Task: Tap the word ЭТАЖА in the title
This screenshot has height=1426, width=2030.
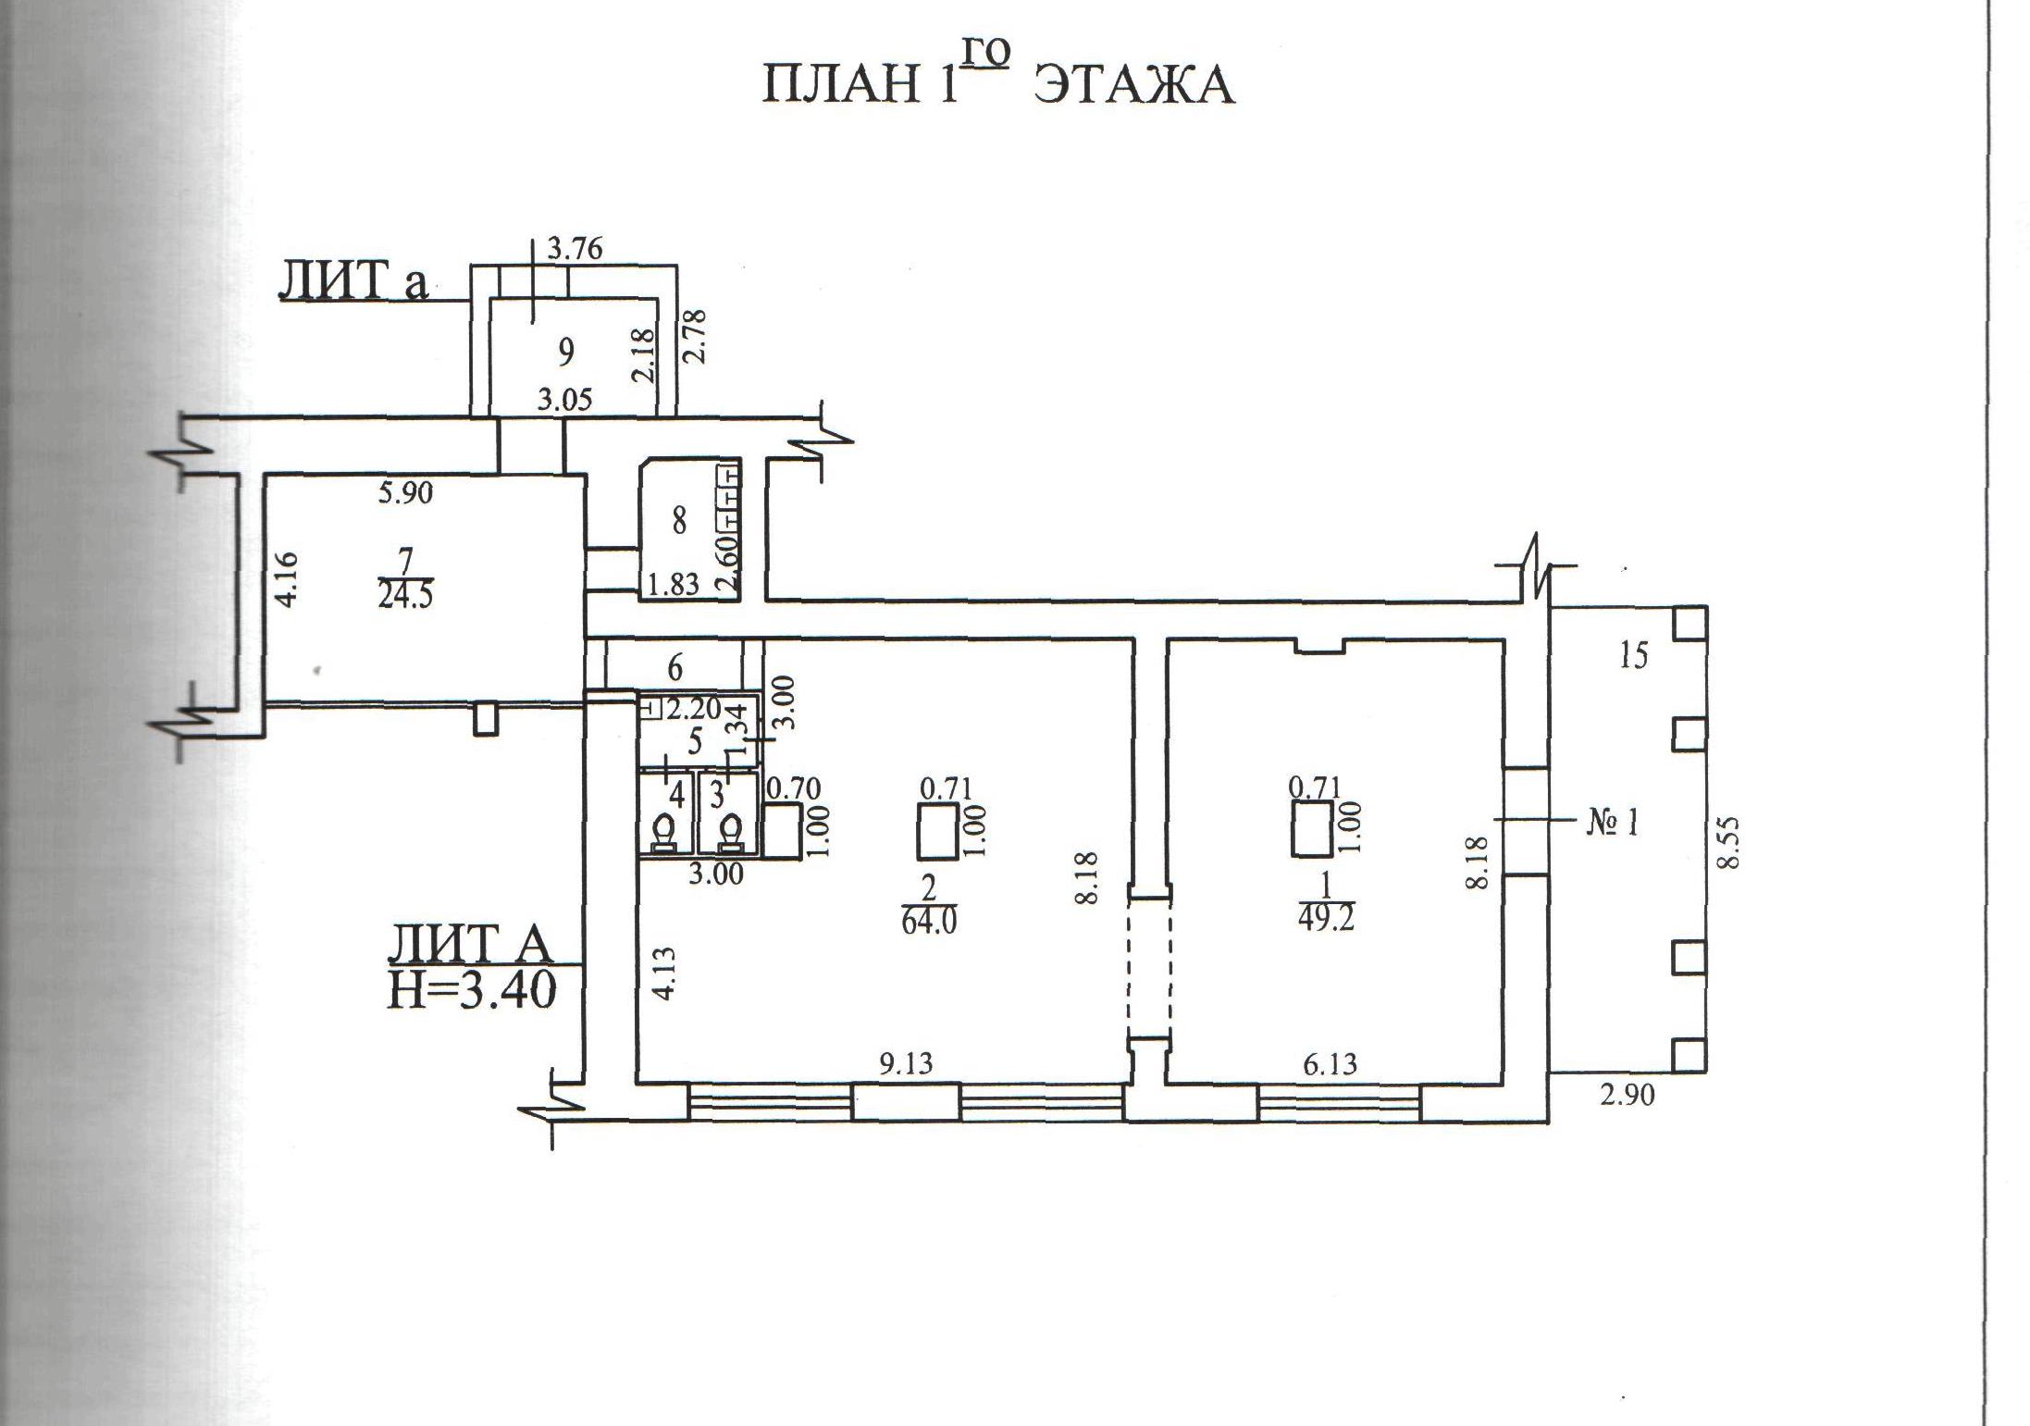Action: pyautogui.click(x=1133, y=86)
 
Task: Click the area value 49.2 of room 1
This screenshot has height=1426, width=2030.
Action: pyautogui.click(x=1325, y=922)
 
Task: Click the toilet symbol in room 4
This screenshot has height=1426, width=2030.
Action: pyautogui.click(x=663, y=831)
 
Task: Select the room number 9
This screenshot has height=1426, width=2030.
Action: pyautogui.click(x=566, y=352)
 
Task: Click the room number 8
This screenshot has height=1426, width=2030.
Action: pyautogui.click(x=679, y=522)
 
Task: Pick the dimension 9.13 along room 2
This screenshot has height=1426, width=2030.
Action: pyautogui.click(x=906, y=1064)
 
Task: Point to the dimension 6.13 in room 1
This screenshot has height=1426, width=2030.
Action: pyautogui.click(x=1330, y=1064)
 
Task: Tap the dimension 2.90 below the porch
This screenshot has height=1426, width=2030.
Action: pyautogui.click(x=1627, y=1096)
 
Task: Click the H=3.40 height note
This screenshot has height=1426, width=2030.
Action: pyautogui.click(x=471, y=991)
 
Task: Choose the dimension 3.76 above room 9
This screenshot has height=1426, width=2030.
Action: pyautogui.click(x=575, y=249)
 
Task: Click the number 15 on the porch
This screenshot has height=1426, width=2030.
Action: pyautogui.click(x=1634, y=656)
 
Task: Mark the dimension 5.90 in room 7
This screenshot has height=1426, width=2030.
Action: pyautogui.click(x=405, y=493)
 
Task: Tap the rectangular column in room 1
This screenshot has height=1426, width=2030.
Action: pyautogui.click(x=1312, y=829)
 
